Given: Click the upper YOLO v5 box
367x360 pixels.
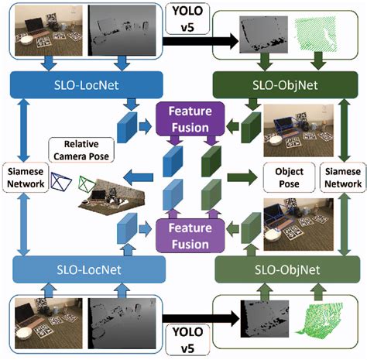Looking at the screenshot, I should point(184,17).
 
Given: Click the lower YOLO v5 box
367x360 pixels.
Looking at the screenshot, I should point(184,339).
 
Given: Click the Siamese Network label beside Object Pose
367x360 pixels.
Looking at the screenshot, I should point(341,177).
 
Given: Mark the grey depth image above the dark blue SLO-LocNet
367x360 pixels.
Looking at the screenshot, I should point(115,29).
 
